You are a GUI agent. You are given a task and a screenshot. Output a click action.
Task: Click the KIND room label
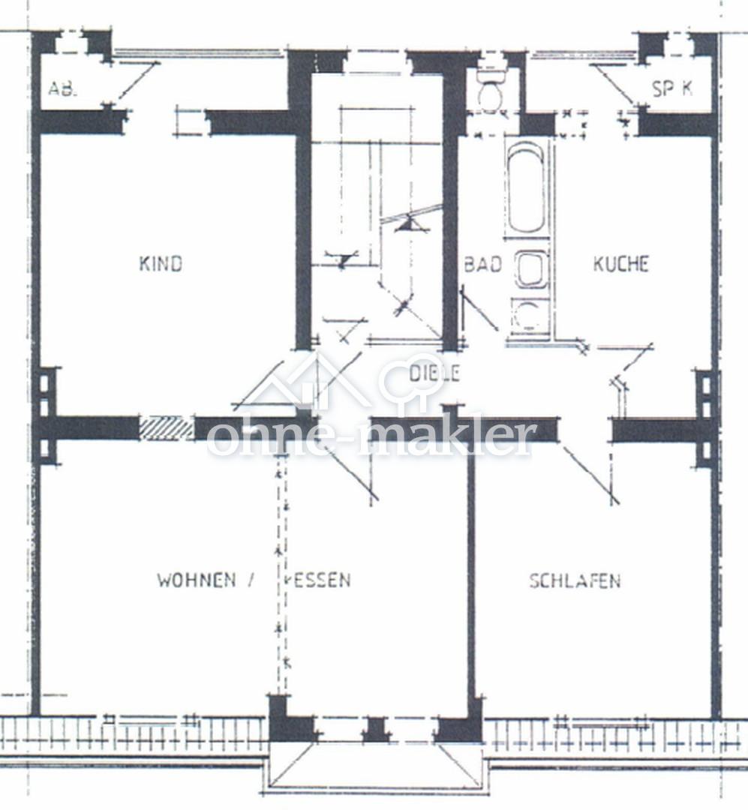coord(161,263)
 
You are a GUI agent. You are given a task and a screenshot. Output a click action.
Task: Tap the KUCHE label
coord(620,263)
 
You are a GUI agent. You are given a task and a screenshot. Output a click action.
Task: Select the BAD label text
coord(483,264)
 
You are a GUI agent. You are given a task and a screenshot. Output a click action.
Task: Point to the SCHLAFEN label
coord(575,580)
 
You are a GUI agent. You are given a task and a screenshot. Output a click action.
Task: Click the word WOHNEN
coord(197,580)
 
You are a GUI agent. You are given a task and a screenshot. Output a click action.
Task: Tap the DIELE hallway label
coord(434,373)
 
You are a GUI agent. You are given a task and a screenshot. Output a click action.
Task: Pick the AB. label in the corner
coord(62,88)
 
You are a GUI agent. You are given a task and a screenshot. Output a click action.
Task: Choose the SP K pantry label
coord(672,88)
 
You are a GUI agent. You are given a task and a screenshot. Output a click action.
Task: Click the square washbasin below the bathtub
coord(530,270)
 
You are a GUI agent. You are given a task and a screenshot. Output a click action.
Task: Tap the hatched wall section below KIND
coord(167,428)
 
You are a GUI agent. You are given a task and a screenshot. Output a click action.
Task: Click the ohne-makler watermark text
coord(370,438)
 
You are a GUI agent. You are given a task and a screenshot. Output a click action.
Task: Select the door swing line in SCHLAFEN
coord(591,475)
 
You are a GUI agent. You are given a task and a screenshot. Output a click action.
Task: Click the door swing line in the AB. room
coord(137,82)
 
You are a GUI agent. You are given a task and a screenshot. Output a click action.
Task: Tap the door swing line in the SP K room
coord(612,84)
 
